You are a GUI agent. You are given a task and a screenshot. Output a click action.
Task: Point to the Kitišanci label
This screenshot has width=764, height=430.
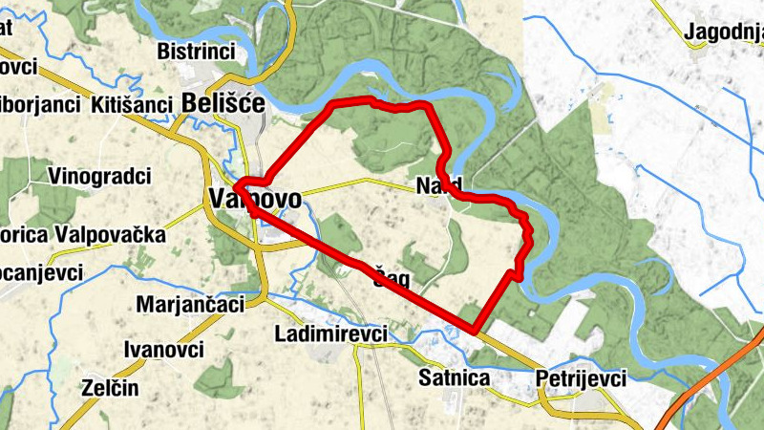tap(132, 105)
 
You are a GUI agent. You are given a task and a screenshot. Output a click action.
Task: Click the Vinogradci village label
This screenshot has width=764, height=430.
tap(100, 176)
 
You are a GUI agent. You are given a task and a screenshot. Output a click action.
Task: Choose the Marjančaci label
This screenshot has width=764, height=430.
tap(190, 304)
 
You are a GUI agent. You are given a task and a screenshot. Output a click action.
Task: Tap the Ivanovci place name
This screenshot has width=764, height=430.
tap(163, 349)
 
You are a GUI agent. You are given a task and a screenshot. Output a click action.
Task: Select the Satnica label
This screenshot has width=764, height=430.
tap(454, 378)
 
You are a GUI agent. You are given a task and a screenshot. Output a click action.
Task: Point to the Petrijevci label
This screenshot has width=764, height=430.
tap(581, 378)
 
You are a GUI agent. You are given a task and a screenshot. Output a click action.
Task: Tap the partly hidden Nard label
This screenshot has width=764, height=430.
tap(438, 184)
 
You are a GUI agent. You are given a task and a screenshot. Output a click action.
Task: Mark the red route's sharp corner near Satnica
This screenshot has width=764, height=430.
tap(474, 330)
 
